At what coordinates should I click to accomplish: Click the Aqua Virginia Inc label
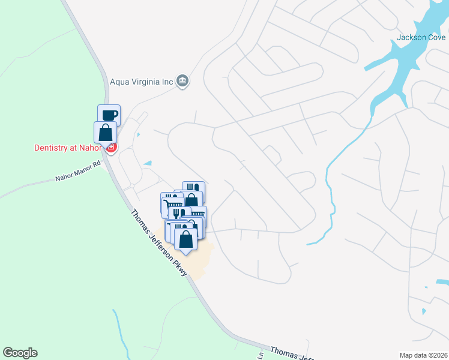pos(142,82)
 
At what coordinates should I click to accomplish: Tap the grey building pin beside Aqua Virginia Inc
pos(184,81)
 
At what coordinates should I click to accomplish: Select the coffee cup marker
pos(109,115)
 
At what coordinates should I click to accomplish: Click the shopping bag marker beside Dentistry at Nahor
pos(105,133)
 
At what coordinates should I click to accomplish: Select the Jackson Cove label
pos(421,37)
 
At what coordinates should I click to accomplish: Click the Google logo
pos(20,353)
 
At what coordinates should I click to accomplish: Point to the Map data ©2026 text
pos(423,355)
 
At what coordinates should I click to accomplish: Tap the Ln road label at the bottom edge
pos(261,355)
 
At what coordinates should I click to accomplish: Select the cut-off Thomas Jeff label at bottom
pos(292,354)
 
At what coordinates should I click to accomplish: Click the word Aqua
pos(119,82)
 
